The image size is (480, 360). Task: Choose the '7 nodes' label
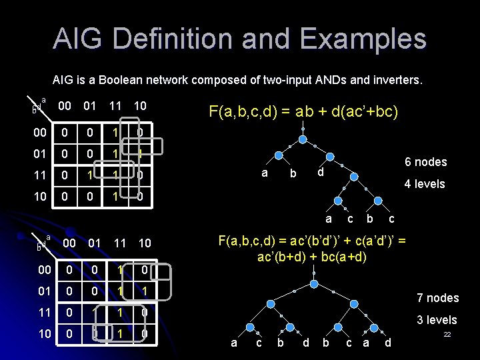tap(437, 298)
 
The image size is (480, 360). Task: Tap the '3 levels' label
tap(437, 320)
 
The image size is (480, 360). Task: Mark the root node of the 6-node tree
tap(303, 140)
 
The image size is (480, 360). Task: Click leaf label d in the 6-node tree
tap(320, 173)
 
